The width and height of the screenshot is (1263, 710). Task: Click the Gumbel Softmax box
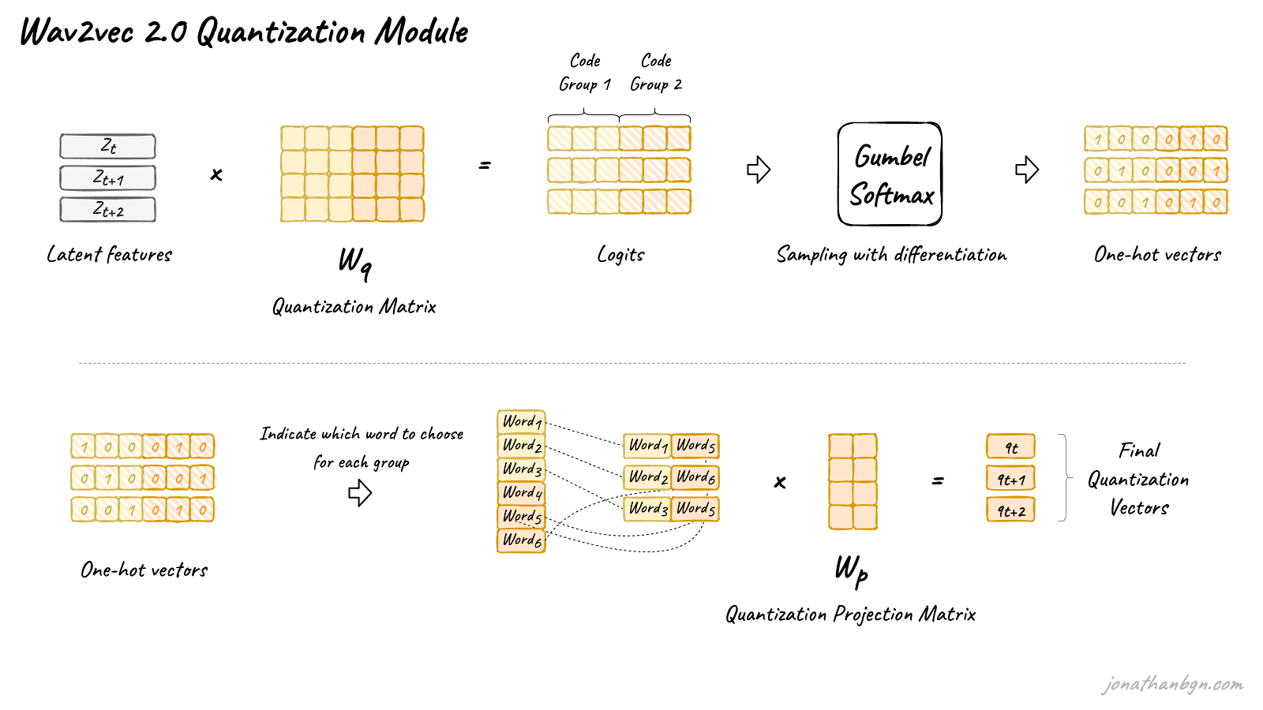pyautogui.click(x=890, y=174)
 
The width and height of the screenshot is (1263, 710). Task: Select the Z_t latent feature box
pyautogui.click(x=107, y=147)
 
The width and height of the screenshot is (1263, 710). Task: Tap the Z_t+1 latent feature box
pyautogui.click(x=107, y=178)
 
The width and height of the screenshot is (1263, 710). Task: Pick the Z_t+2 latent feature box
pyautogui.click(x=107, y=210)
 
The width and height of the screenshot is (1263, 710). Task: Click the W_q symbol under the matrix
pyautogui.click(x=354, y=263)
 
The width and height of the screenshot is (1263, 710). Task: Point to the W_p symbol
pyautogui.click(x=852, y=571)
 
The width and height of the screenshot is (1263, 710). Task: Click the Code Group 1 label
pyautogui.click(x=585, y=73)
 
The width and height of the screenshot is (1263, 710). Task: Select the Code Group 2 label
pyautogui.click(x=656, y=73)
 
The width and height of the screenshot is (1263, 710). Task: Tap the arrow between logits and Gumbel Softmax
pyautogui.click(x=759, y=169)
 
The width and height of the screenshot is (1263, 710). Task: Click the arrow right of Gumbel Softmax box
pyautogui.click(x=1027, y=169)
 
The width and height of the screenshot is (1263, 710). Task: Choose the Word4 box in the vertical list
pyautogui.click(x=522, y=493)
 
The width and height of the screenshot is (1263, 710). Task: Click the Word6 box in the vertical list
pyautogui.click(x=522, y=540)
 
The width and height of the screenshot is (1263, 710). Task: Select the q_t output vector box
pyautogui.click(x=1010, y=447)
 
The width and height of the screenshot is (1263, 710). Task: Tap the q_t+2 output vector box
pyautogui.click(x=1010, y=510)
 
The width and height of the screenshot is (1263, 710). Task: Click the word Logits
pyautogui.click(x=620, y=255)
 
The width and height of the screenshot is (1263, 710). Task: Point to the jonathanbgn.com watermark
pyautogui.click(x=1173, y=684)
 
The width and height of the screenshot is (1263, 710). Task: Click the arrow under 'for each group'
pyautogui.click(x=360, y=493)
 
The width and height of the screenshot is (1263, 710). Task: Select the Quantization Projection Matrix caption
pyautogui.click(x=850, y=615)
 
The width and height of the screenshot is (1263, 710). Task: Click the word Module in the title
pyautogui.click(x=422, y=32)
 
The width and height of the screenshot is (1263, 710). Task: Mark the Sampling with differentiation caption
pyautogui.click(x=891, y=256)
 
